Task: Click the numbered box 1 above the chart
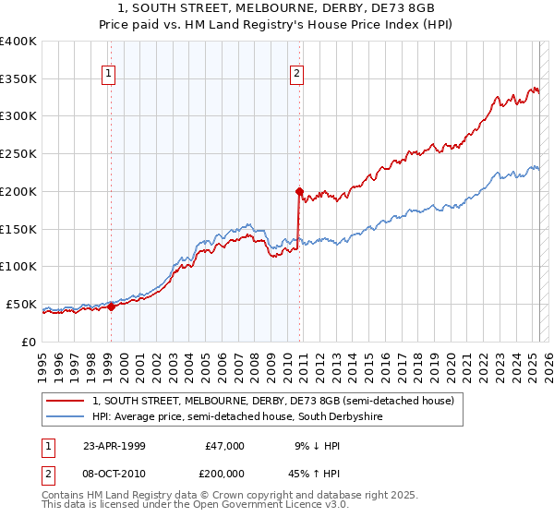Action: [x=109, y=75]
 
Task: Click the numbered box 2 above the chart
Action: [x=297, y=75]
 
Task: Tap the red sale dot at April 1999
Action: [x=111, y=307]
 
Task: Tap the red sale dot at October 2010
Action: [x=299, y=192]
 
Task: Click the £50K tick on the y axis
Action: [x=21, y=304]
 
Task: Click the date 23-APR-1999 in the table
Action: [x=114, y=446]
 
